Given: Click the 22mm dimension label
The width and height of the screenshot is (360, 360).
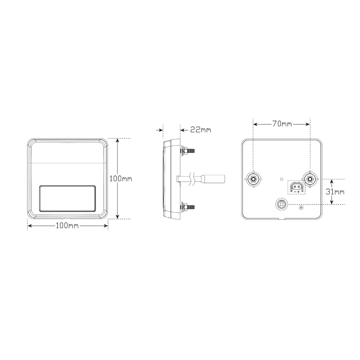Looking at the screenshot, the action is (x=201, y=130).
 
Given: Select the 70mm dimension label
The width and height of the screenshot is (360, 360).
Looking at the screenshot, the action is (x=282, y=124).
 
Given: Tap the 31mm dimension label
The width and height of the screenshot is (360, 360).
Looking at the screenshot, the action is (x=335, y=192).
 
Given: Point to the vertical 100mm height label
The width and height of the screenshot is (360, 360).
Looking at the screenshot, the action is (x=121, y=178).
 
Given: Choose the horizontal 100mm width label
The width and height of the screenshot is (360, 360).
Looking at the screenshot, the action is (x=67, y=226).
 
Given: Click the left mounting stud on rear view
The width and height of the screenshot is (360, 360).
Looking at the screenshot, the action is (x=253, y=179).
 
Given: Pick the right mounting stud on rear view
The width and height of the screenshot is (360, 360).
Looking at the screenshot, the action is (x=310, y=179).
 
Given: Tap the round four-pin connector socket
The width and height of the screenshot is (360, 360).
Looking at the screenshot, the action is (x=282, y=204).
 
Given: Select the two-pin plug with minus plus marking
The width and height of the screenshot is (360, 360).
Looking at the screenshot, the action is (x=297, y=187).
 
